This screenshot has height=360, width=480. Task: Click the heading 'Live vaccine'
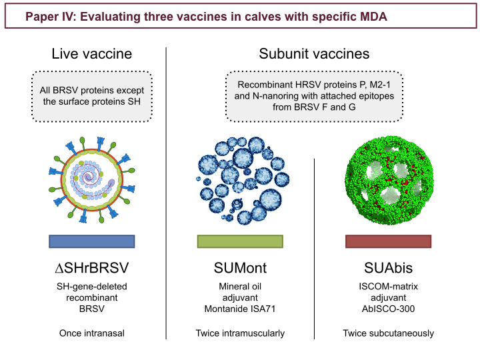92,54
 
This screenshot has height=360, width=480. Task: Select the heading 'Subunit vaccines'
314,54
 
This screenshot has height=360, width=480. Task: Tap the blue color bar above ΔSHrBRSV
92,241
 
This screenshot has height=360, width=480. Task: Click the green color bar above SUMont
240,241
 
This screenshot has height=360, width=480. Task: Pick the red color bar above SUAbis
388,241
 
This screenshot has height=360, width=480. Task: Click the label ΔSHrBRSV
92,268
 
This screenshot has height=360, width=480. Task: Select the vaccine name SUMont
240,268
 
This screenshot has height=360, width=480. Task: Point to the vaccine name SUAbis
388,268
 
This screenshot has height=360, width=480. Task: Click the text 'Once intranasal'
92,333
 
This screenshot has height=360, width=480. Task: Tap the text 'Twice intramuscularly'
240,333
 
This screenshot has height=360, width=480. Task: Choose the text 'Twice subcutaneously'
388,333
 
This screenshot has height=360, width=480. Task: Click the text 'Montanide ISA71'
240,309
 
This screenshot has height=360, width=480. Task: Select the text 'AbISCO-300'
388,309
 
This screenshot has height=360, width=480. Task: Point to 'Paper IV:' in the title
51,17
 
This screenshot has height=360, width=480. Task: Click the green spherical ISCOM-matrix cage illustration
389,180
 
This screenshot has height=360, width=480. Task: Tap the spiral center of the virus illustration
89,177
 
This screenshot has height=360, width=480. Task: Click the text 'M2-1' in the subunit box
380,85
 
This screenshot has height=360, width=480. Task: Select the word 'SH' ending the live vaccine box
134,101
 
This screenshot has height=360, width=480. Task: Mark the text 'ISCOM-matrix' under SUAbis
388,286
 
